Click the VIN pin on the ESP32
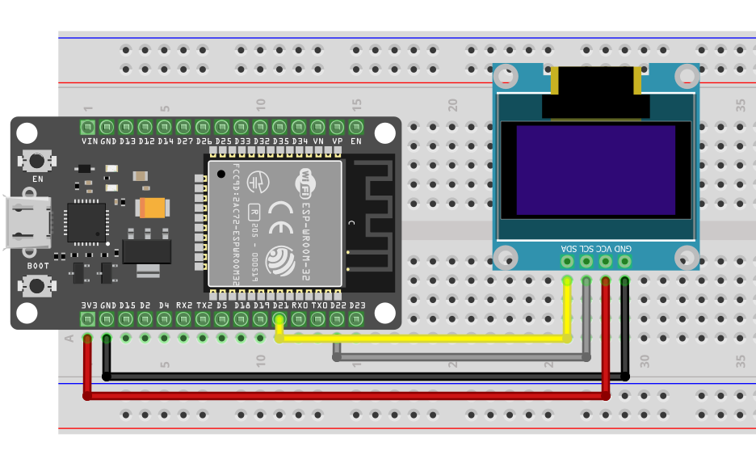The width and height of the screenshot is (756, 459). pyautogui.click(x=88, y=127)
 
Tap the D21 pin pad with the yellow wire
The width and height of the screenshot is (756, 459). pyautogui.click(x=279, y=318)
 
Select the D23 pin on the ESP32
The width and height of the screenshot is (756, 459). pyautogui.click(x=356, y=318)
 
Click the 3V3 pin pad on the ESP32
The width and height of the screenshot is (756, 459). pyautogui.click(x=88, y=318)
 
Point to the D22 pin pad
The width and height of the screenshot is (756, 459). pyautogui.click(x=337, y=318)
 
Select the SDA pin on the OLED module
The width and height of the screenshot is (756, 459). pyautogui.click(x=567, y=261)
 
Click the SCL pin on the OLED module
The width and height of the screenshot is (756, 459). pyautogui.click(x=586, y=261)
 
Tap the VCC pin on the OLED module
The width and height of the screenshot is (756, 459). pyautogui.click(x=606, y=261)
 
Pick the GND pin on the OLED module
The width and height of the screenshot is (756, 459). pyautogui.click(x=624, y=261)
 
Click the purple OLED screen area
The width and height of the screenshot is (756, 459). pyautogui.click(x=595, y=170)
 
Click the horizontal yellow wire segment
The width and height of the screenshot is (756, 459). pyautogui.click(x=420, y=339)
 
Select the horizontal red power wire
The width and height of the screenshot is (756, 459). pyautogui.click(x=347, y=396)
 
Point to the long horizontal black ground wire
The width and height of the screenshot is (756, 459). pyautogui.click(x=363, y=377)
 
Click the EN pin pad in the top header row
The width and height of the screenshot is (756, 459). pyautogui.click(x=356, y=127)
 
